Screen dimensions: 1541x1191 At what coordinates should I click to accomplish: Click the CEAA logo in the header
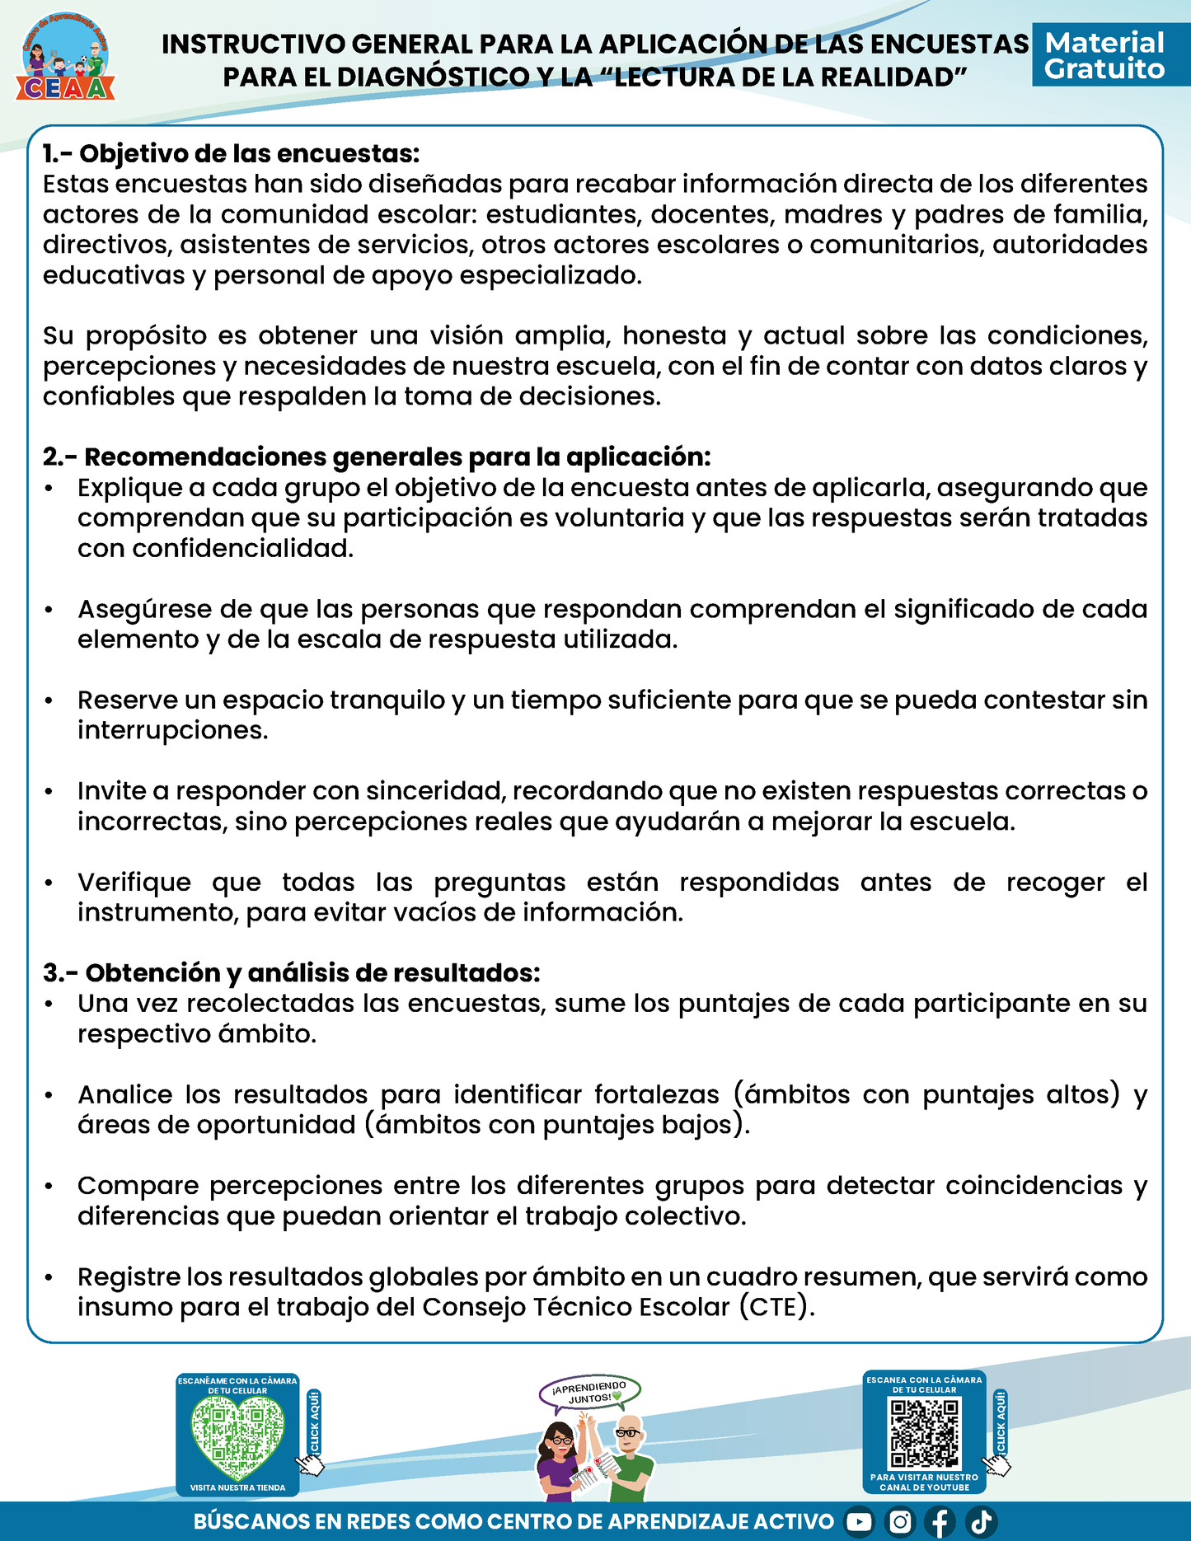[66, 58]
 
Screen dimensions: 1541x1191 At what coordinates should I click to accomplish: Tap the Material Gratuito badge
[1104, 56]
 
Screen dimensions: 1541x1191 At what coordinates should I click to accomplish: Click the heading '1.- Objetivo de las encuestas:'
[232, 153]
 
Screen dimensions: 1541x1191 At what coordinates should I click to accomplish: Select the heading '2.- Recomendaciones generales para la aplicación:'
[377, 457]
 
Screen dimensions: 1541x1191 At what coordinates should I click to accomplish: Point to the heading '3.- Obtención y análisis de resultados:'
[292, 972]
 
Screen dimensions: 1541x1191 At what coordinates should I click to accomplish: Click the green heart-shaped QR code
[237, 1440]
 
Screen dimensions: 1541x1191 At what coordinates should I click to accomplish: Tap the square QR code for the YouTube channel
[925, 1434]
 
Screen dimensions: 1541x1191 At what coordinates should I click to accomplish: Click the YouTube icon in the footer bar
[859, 1521]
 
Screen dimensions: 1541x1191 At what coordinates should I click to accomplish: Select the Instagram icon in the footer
[900, 1521]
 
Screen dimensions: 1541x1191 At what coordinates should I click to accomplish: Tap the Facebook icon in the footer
[940, 1521]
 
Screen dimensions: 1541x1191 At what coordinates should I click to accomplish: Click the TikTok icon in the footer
[981, 1521]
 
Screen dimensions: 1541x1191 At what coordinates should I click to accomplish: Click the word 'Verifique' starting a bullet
[134, 882]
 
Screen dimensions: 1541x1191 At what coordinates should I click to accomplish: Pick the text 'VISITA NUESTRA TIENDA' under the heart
[237, 1487]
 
